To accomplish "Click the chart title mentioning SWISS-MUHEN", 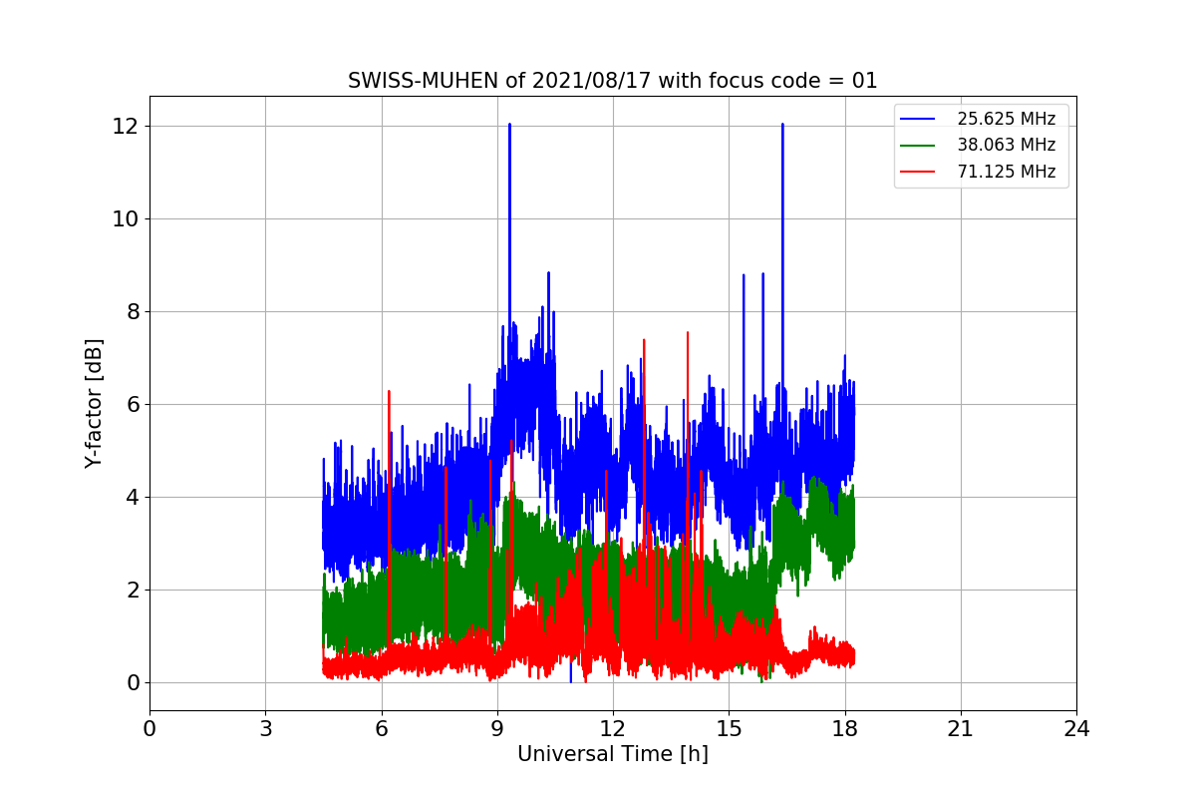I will click(x=612, y=81).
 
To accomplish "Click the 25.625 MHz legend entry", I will click(x=1006, y=119).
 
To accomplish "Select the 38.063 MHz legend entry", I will click(x=1006, y=145).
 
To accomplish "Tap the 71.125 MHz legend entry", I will click(x=1006, y=172).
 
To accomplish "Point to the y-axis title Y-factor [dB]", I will click(x=94, y=404).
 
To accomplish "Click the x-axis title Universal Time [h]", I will click(x=612, y=755).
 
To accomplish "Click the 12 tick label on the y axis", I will click(x=126, y=127).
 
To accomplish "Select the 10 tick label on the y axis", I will click(x=126, y=219).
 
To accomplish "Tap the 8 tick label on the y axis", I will click(x=132, y=312).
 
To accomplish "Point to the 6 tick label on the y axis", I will click(x=132, y=405).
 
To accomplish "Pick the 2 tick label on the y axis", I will click(x=132, y=591).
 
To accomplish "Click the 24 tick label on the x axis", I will click(x=1075, y=729).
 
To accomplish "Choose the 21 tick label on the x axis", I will click(x=960, y=729).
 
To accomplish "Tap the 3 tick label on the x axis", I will click(x=265, y=729).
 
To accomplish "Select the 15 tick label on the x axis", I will click(x=729, y=729).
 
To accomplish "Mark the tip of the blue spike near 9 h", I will click(x=509, y=125).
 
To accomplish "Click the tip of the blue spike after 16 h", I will click(x=782, y=125).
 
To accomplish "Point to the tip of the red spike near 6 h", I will click(x=389, y=391).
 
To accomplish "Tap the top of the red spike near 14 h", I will click(x=688, y=332).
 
